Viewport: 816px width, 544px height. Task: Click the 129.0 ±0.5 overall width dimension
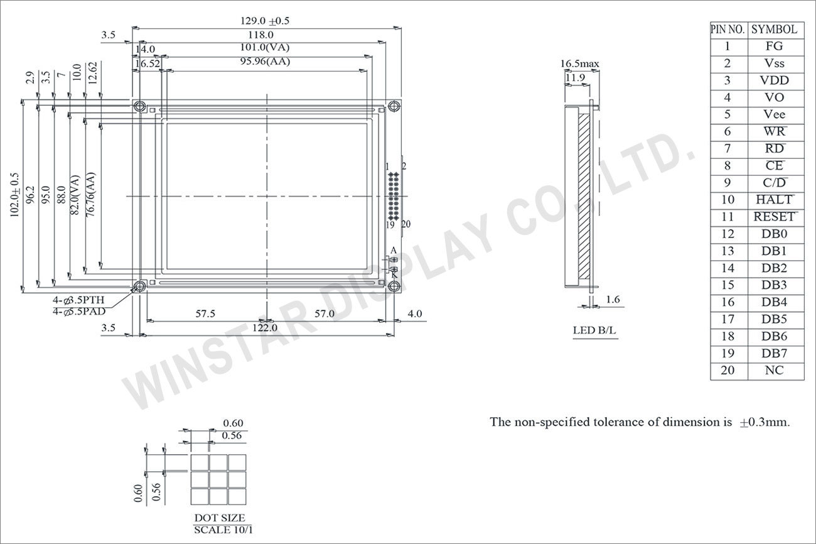[x=265, y=21]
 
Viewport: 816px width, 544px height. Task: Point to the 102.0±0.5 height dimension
[x=14, y=195]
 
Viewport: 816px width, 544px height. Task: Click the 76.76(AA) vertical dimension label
[x=91, y=195]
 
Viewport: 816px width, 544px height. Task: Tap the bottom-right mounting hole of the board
[x=394, y=286]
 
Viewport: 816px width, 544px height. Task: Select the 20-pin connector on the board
[x=394, y=195]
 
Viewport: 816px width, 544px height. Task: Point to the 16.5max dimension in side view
[x=579, y=63]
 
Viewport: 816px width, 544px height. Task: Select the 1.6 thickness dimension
[x=613, y=300]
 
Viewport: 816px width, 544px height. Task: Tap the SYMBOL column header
[x=775, y=30]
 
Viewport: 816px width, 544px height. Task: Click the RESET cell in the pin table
[x=775, y=217]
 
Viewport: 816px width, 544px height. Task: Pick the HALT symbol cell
[x=775, y=200]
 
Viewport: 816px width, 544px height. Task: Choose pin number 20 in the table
[x=727, y=371]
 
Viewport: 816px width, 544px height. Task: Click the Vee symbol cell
[x=775, y=114]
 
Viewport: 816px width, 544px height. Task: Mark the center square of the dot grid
[x=218, y=479]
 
